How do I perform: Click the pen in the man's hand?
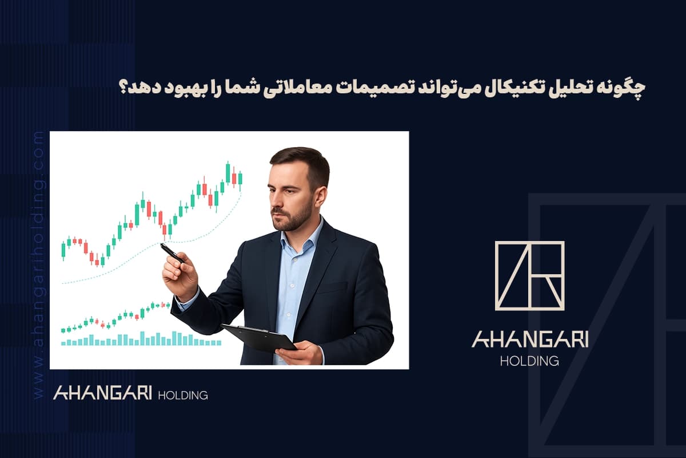pyautogui.click(x=171, y=253)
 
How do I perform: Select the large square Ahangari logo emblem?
pyautogui.click(x=529, y=275)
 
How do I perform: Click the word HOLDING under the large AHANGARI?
pyautogui.click(x=529, y=361)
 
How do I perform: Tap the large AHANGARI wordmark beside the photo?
pyautogui.click(x=529, y=340)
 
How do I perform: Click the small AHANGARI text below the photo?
pyautogui.click(x=102, y=393)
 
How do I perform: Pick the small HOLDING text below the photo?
pyautogui.click(x=182, y=395)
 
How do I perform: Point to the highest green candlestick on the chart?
pyautogui.click(x=228, y=172)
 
